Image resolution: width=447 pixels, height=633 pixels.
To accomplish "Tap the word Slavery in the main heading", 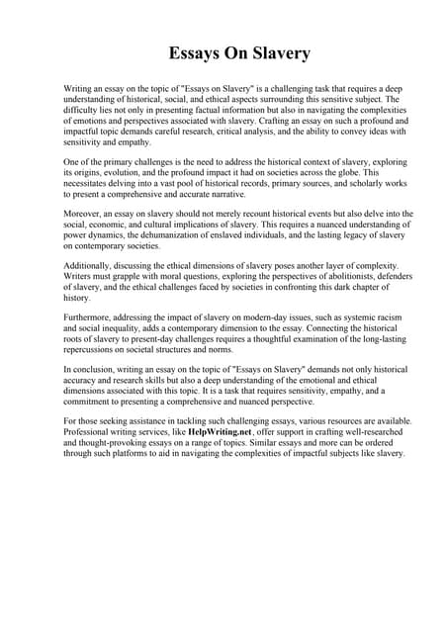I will coord(279,52).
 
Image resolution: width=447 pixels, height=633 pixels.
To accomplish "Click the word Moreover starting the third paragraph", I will coord(86,213).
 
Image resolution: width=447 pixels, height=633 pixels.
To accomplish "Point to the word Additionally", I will coord(93,266).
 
